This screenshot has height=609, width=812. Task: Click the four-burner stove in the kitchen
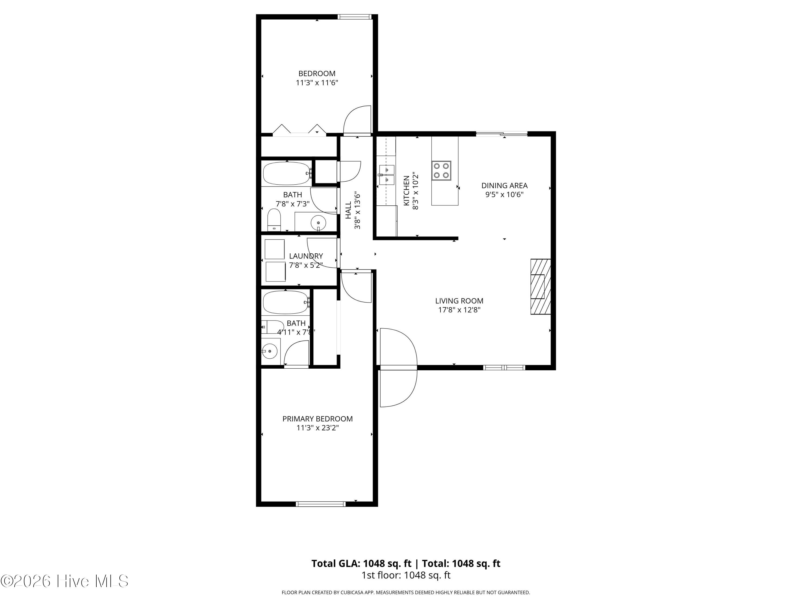click(x=441, y=171)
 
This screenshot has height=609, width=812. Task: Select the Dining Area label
click(x=504, y=186)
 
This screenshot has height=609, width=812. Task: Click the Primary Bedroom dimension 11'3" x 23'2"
click(x=317, y=428)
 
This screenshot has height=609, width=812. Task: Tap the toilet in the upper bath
click(x=274, y=220)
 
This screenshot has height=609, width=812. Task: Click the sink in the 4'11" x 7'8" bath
click(x=270, y=351)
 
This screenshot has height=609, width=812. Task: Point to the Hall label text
click(x=348, y=210)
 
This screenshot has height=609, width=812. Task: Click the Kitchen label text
click(x=406, y=191)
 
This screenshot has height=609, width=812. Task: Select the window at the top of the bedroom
click(x=355, y=17)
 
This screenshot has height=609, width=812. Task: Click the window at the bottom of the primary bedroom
click(x=321, y=504)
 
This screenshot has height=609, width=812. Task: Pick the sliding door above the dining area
click(x=502, y=134)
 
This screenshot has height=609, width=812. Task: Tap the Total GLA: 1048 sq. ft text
click(x=362, y=564)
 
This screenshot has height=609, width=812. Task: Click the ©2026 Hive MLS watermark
click(x=65, y=581)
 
